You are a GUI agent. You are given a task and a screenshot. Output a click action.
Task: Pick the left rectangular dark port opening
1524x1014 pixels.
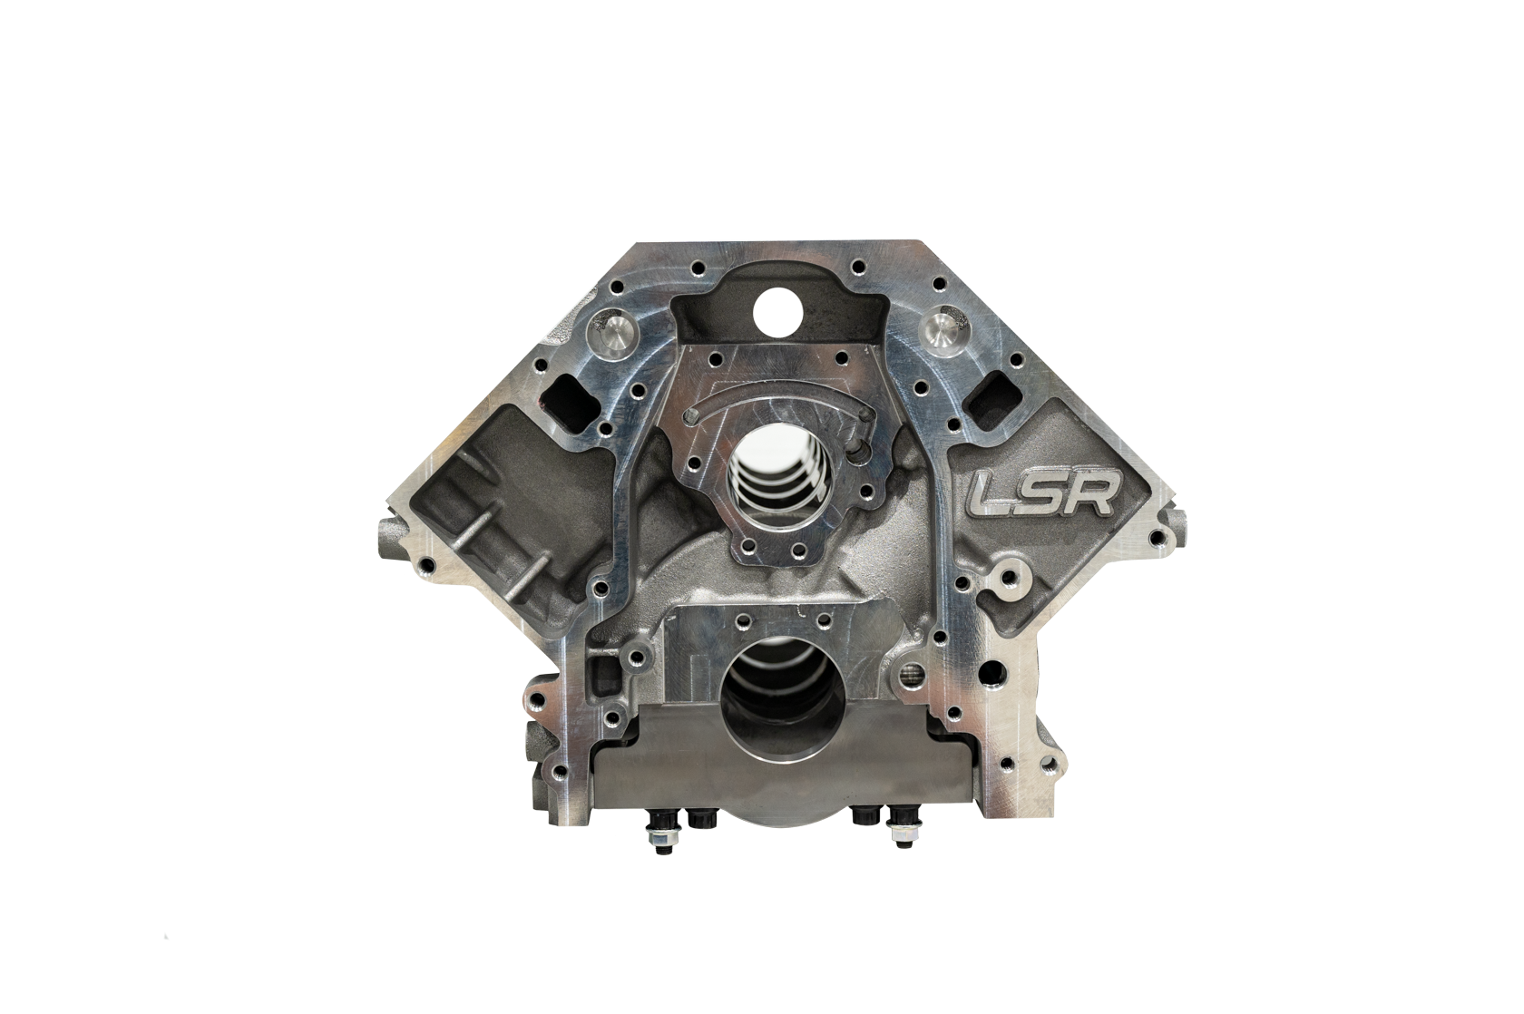click(570, 395)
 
